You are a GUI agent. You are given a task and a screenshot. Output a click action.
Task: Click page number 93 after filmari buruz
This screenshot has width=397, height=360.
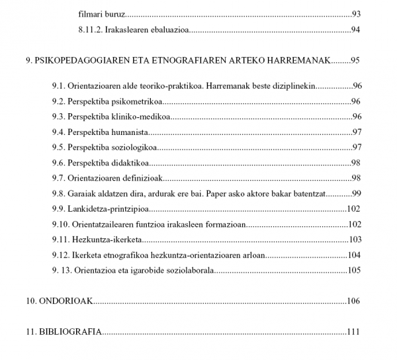(x=355, y=13)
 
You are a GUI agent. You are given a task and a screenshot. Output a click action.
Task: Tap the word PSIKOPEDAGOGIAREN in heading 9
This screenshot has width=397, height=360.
(x=81, y=61)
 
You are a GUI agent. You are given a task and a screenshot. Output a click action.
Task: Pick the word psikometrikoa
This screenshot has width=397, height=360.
(x=138, y=101)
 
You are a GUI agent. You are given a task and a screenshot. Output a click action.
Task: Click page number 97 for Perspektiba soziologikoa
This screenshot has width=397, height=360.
(x=355, y=147)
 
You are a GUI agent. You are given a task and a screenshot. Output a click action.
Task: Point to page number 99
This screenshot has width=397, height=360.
(x=355, y=193)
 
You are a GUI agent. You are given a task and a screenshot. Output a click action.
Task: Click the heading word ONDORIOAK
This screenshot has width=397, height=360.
(x=67, y=301)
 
